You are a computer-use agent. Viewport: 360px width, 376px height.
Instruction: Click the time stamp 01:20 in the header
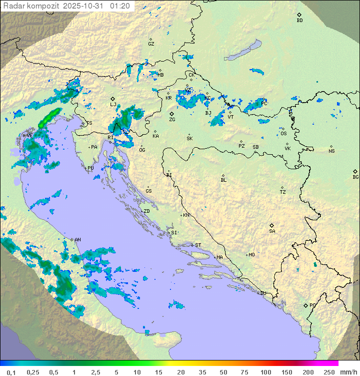click(x=120, y=6)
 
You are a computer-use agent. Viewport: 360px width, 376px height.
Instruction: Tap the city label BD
click(x=299, y=21)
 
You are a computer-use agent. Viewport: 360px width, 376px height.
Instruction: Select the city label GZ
click(x=151, y=44)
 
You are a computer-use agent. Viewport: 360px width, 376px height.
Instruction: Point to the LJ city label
click(x=113, y=105)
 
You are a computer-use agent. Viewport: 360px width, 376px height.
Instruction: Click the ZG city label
click(x=172, y=120)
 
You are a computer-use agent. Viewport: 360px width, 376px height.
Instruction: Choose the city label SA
click(x=272, y=231)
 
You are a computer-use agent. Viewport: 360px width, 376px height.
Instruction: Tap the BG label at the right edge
click(x=355, y=177)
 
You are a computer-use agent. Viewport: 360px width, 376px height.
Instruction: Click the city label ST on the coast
click(x=198, y=245)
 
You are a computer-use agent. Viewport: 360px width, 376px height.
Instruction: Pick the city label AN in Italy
click(x=77, y=240)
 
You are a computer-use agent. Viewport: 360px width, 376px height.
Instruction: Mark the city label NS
click(x=331, y=151)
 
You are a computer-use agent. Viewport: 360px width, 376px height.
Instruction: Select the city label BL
click(x=223, y=180)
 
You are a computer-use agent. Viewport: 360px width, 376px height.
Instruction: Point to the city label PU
click(x=90, y=168)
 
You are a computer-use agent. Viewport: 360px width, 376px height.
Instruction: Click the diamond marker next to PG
click(x=305, y=305)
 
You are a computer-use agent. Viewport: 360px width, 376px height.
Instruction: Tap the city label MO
click(x=251, y=254)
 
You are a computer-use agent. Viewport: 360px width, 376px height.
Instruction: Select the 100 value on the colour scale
click(x=265, y=372)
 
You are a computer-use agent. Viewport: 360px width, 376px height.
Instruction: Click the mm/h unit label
click(x=346, y=372)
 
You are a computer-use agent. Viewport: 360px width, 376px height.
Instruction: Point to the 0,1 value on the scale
click(x=10, y=372)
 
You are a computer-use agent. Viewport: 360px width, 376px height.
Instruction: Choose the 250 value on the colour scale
click(x=328, y=372)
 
